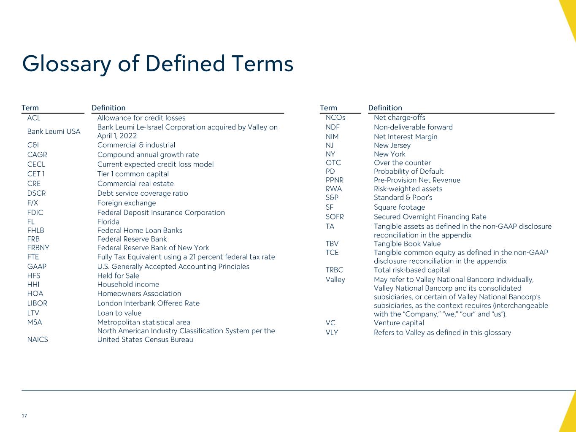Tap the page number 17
[24, 416]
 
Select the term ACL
[34, 118]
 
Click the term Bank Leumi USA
[54, 132]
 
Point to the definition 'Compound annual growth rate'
[148, 155]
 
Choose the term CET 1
[36, 174]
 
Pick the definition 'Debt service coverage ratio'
[143, 193]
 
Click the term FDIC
[35, 213]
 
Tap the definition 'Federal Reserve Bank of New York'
[153, 248]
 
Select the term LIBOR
[37, 303]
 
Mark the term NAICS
[38, 340]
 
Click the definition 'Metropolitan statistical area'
[144, 322]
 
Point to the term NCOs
[335, 118]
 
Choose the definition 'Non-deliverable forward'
[413, 127]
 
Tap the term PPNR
[335, 180]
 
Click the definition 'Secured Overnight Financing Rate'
[430, 217]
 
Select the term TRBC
[335, 270]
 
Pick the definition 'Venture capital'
[399, 323]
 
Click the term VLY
[332, 332]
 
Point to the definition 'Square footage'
[399, 207]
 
